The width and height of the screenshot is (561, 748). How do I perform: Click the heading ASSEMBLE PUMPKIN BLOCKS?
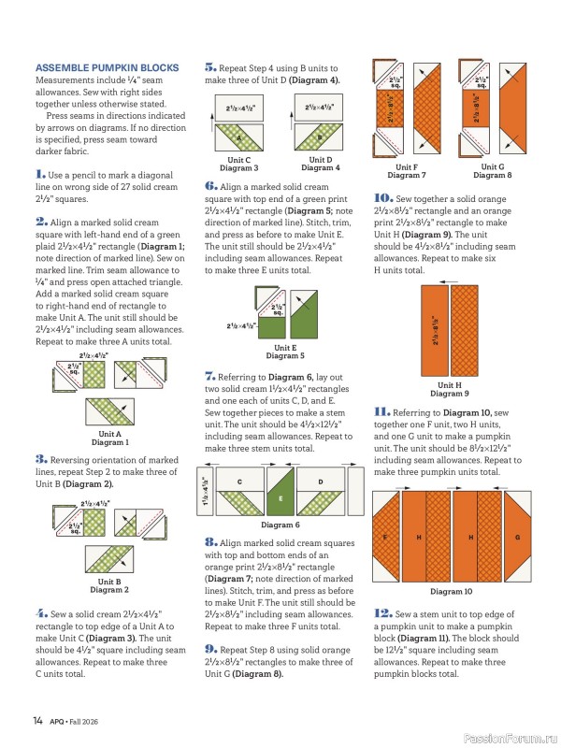(108, 67)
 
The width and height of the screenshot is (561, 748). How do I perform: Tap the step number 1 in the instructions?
(40, 174)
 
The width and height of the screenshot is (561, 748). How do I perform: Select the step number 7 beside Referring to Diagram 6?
(209, 377)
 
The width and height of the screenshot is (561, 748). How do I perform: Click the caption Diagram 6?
(280, 525)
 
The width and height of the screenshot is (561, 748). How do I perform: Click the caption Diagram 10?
(451, 592)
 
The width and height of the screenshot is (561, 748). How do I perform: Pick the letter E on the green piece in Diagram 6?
(280, 498)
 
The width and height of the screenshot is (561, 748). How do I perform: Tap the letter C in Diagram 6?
(239, 482)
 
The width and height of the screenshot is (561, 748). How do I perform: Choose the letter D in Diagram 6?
(321, 482)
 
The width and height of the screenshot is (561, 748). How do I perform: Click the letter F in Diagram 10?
(385, 538)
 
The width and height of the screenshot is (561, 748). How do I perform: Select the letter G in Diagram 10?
(518, 538)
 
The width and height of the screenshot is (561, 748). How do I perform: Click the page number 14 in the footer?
(37, 720)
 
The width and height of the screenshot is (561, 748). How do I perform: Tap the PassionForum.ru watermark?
(511, 739)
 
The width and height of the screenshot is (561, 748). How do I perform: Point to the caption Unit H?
(450, 385)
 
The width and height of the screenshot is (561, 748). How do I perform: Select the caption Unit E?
(285, 348)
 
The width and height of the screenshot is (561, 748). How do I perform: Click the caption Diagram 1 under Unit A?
(110, 442)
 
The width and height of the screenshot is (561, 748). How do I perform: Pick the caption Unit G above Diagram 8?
(493, 167)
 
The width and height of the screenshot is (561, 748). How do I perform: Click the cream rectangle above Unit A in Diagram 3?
(238, 108)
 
